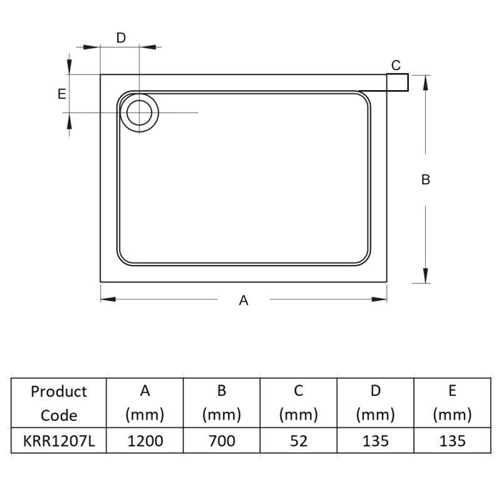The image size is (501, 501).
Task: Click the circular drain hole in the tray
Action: pyautogui.click(x=140, y=113)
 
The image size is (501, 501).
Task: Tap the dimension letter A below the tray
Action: pyautogui.click(x=244, y=301)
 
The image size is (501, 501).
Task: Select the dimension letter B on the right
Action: pyautogui.click(x=426, y=179)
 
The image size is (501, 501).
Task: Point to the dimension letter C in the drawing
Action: pyautogui.click(x=396, y=65)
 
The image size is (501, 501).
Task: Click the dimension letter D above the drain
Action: pyautogui.click(x=121, y=38)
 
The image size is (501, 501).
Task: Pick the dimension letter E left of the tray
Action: pyautogui.click(x=61, y=94)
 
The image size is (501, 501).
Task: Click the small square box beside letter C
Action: pyautogui.click(x=398, y=82)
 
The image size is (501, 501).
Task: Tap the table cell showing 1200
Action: pyautogui.click(x=145, y=441)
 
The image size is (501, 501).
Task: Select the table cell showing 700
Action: pyautogui.click(x=222, y=441)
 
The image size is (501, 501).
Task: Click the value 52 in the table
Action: pyautogui.click(x=299, y=441)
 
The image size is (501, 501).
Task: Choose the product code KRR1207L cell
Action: pyautogui.click(x=59, y=441)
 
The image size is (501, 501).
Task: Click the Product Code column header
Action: pyautogui.click(x=59, y=403)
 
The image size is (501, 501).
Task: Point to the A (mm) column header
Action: pyautogui.click(x=145, y=403)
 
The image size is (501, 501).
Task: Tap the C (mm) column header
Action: pyautogui.click(x=299, y=403)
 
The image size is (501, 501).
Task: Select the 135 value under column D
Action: pyautogui.click(x=376, y=441)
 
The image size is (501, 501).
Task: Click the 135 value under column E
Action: pyautogui.click(x=452, y=441)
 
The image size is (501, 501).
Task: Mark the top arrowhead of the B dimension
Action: pyautogui.click(x=426, y=81)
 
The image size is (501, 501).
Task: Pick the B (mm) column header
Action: pyautogui.click(x=222, y=403)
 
